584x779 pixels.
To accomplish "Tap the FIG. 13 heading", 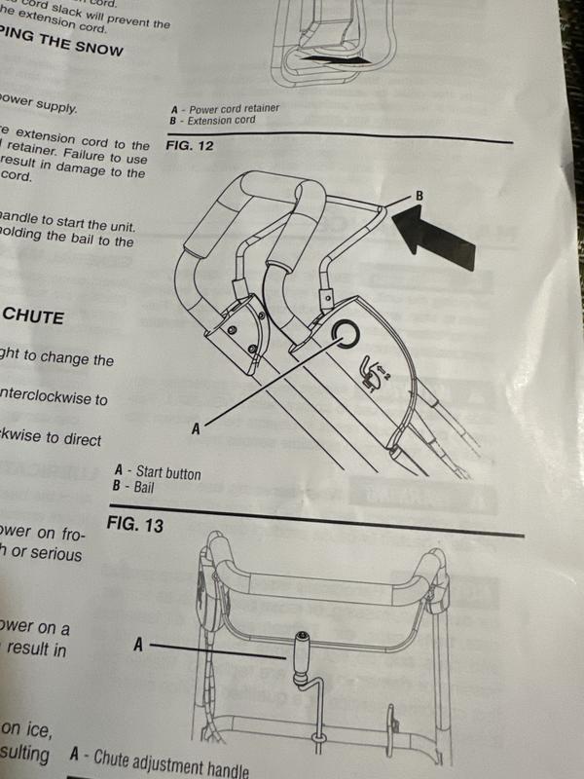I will point(133,525).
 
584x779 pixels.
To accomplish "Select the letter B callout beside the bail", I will point(420,196).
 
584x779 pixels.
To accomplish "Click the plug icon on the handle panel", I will point(369,371).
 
